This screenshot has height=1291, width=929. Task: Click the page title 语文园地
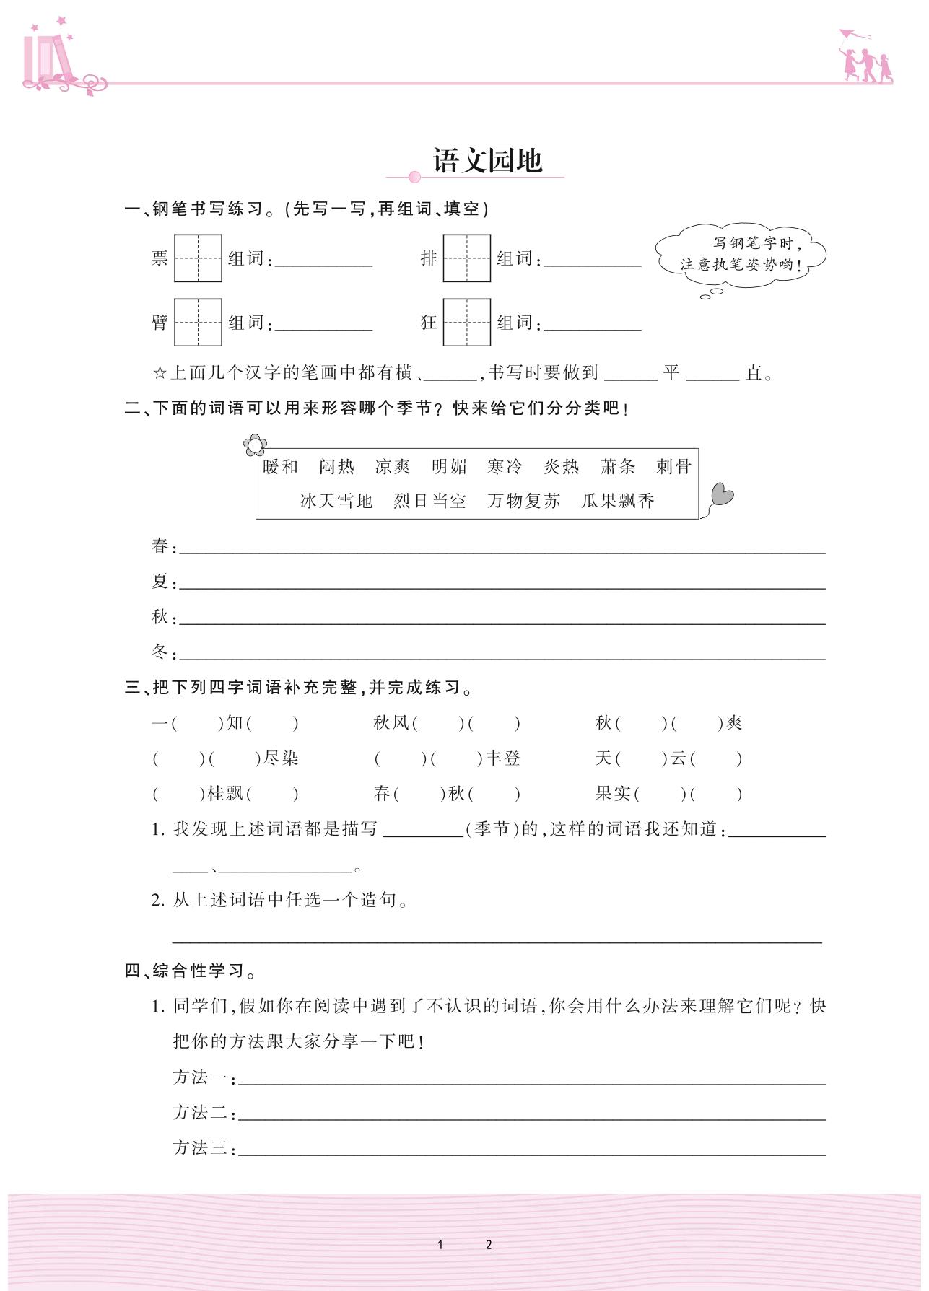(x=487, y=161)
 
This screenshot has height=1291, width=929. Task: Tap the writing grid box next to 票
(x=198, y=258)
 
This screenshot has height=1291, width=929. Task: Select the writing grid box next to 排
(x=466, y=258)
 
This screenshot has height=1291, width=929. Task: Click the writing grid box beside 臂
(x=198, y=323)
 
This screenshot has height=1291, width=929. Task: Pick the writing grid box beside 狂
(x=466, y=323)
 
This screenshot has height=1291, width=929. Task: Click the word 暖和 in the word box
(x=281, y=467)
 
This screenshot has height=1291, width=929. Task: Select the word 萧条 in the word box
(x=618, y=467)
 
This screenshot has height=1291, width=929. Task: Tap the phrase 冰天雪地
(x=336, y=501)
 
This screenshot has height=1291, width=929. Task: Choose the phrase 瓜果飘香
(x=618, y=501)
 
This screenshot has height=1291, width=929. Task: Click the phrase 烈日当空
(x=430, y=501)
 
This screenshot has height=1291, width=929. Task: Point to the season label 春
(x=160, y=546)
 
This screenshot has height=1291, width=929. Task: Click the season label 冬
(x=160, y=652)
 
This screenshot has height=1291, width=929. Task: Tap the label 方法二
(x=201, y=1113)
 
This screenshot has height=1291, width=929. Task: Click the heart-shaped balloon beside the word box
(x=721, y=496)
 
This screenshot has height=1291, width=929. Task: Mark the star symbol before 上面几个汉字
(x=160, y=373)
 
